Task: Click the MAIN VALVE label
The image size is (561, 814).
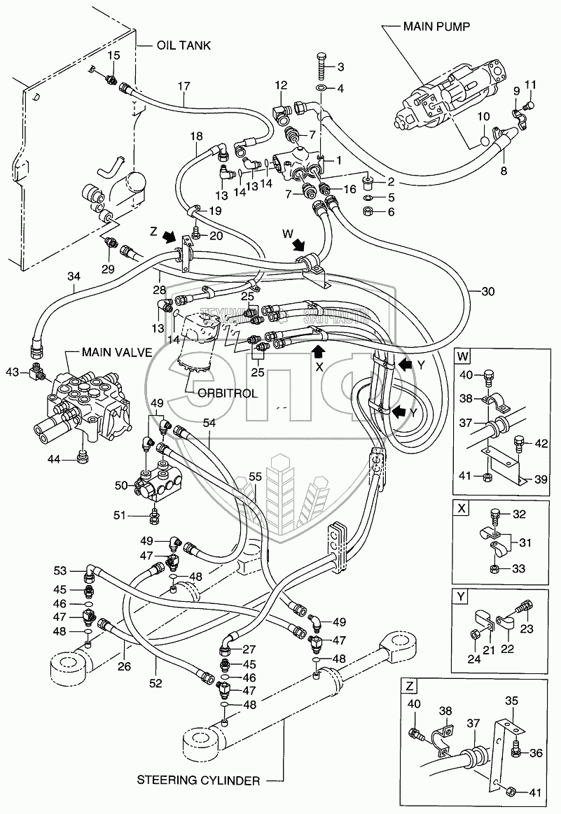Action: (116, 351)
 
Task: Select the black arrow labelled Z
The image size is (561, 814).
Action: (168, 238)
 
